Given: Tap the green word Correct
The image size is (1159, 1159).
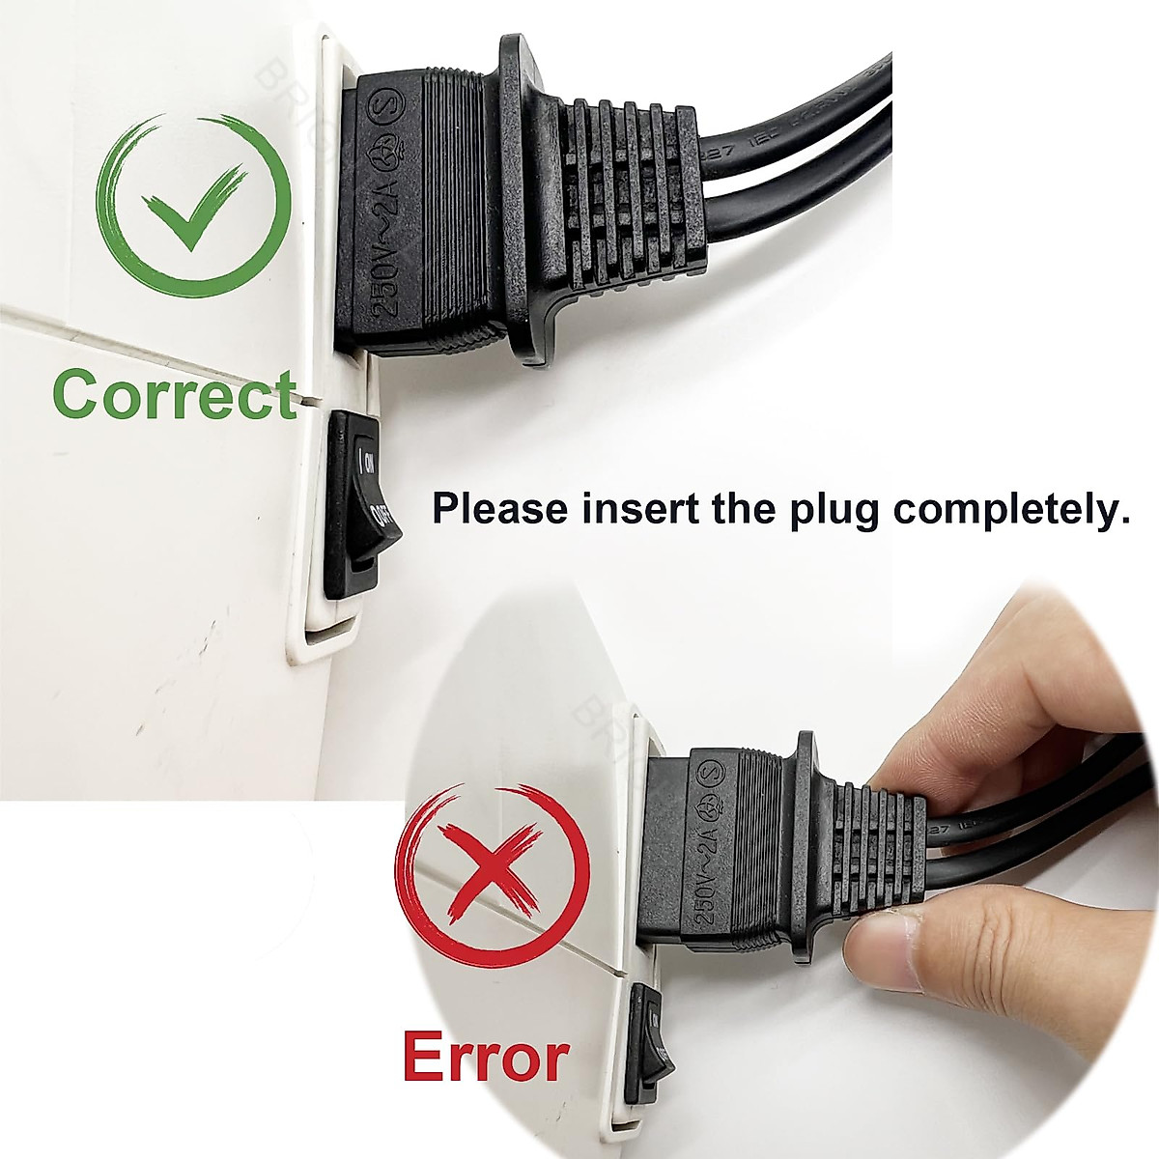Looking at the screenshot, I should click(x=174, y=394).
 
